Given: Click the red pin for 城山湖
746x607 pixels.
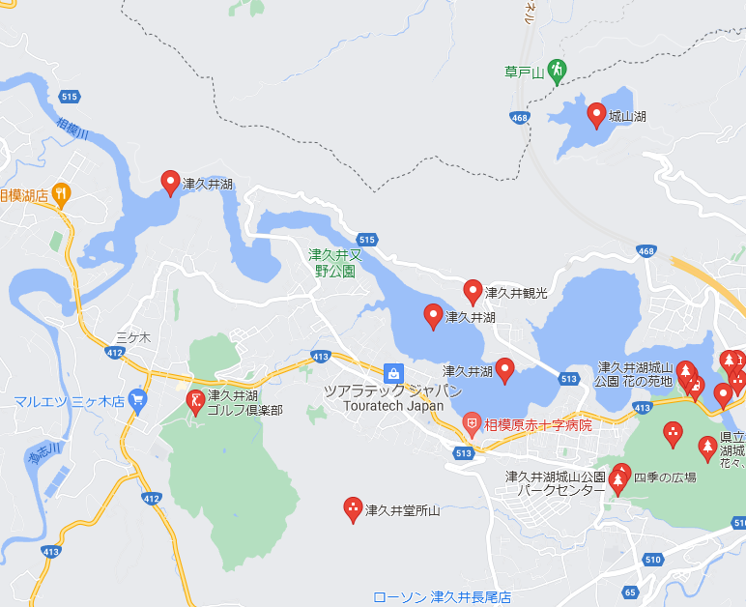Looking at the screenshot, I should click(x=597, y=115).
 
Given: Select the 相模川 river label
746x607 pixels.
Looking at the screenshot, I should click(x=72, y=130).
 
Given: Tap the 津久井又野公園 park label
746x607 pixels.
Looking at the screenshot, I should click(x=335, y=263).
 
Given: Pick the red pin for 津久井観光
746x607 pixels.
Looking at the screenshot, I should click(x=473, y=290).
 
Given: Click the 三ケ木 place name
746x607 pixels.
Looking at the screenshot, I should click(x=133, y=337).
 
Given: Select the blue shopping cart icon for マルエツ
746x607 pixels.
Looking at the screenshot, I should click(x=138, y=398).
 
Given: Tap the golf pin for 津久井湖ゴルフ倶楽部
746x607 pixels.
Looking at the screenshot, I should click(x=195, y=401).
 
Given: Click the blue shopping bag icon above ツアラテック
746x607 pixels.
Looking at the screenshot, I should click(x=392, y=372).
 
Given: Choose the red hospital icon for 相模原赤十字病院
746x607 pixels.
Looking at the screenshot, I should click(x=471, y=423).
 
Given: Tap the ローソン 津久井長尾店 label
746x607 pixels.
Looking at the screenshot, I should click(x=442, y=597).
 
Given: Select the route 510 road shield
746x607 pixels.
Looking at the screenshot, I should click(x=653, y=560).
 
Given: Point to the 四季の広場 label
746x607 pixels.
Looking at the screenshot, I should click(x=665, y=477).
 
